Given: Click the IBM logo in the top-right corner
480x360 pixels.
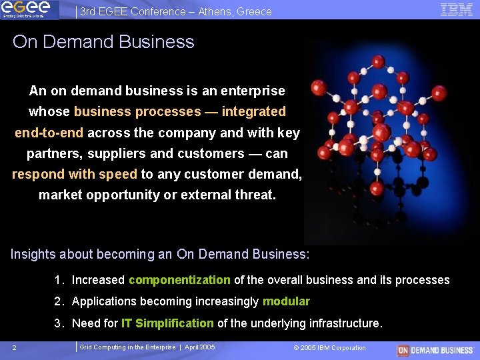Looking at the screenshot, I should coord(457,9).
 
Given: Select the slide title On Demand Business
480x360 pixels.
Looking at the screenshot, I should coord(103,42).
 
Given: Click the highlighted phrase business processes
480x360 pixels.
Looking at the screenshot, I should coord(137,111).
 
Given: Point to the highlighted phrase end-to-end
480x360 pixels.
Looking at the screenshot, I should coord(49,133).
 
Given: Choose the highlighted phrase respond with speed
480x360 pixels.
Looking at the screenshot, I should coord(75,174).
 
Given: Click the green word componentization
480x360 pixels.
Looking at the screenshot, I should coord(179,280).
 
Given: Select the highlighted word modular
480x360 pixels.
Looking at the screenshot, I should coord(286,301).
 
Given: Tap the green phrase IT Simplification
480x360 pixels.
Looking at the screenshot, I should coord(167,323).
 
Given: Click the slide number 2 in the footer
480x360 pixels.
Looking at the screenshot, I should coord(15,348).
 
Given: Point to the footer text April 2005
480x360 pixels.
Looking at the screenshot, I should coord(199,347).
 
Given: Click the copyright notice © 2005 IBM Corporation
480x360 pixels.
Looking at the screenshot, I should coord(329,348).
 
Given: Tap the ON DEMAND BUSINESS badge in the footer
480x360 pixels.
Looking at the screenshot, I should coord(435,350).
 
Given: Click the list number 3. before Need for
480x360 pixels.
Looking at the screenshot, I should coord(60,323).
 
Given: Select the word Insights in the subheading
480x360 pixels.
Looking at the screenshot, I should coord(33,254).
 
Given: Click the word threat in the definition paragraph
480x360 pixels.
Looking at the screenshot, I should coord(257,195).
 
